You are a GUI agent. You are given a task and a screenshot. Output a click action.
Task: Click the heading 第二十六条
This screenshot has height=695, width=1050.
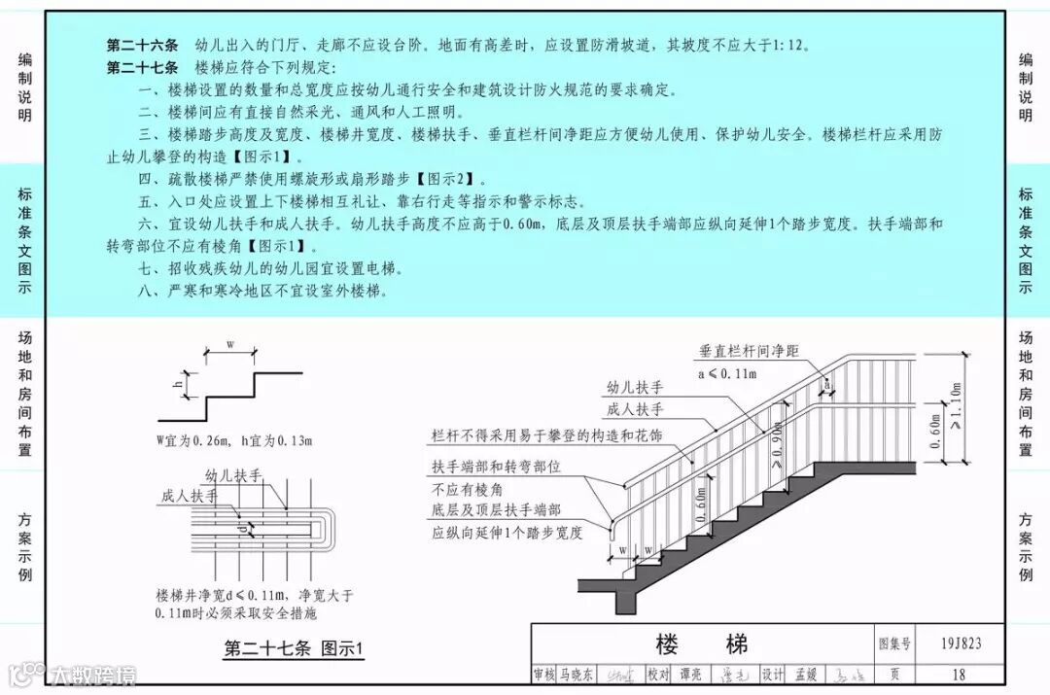click(x=142, y=45)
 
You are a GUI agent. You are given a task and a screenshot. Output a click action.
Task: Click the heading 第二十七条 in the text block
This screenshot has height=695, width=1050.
click(x=142, y=67)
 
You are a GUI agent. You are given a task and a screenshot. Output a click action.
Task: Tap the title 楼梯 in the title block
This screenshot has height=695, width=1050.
click(x=701, y=643)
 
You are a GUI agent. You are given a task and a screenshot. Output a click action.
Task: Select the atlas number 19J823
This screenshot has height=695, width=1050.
click(x=961, y=643)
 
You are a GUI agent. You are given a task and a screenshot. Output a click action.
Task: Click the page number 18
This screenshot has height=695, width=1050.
click(x=960, y=674)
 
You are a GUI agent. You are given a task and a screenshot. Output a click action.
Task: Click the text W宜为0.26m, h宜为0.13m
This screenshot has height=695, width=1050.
click(x=233, y=440)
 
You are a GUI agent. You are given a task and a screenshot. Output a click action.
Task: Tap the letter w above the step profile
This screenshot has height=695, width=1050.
click(x=229, y=344)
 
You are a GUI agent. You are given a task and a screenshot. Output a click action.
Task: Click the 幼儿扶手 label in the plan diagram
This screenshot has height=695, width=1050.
click(x=233, y=476)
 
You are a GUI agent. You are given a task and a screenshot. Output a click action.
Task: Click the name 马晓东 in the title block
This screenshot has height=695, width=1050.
click(x=577, y=674)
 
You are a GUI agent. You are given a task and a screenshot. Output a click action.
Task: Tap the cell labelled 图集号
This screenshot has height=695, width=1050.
click(x=894, y=643)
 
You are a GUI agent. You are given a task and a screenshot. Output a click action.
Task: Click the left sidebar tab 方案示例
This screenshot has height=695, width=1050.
click(x=24, y=546)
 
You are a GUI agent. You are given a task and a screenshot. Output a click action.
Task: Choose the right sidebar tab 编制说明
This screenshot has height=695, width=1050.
click(x=1026, y=87)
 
